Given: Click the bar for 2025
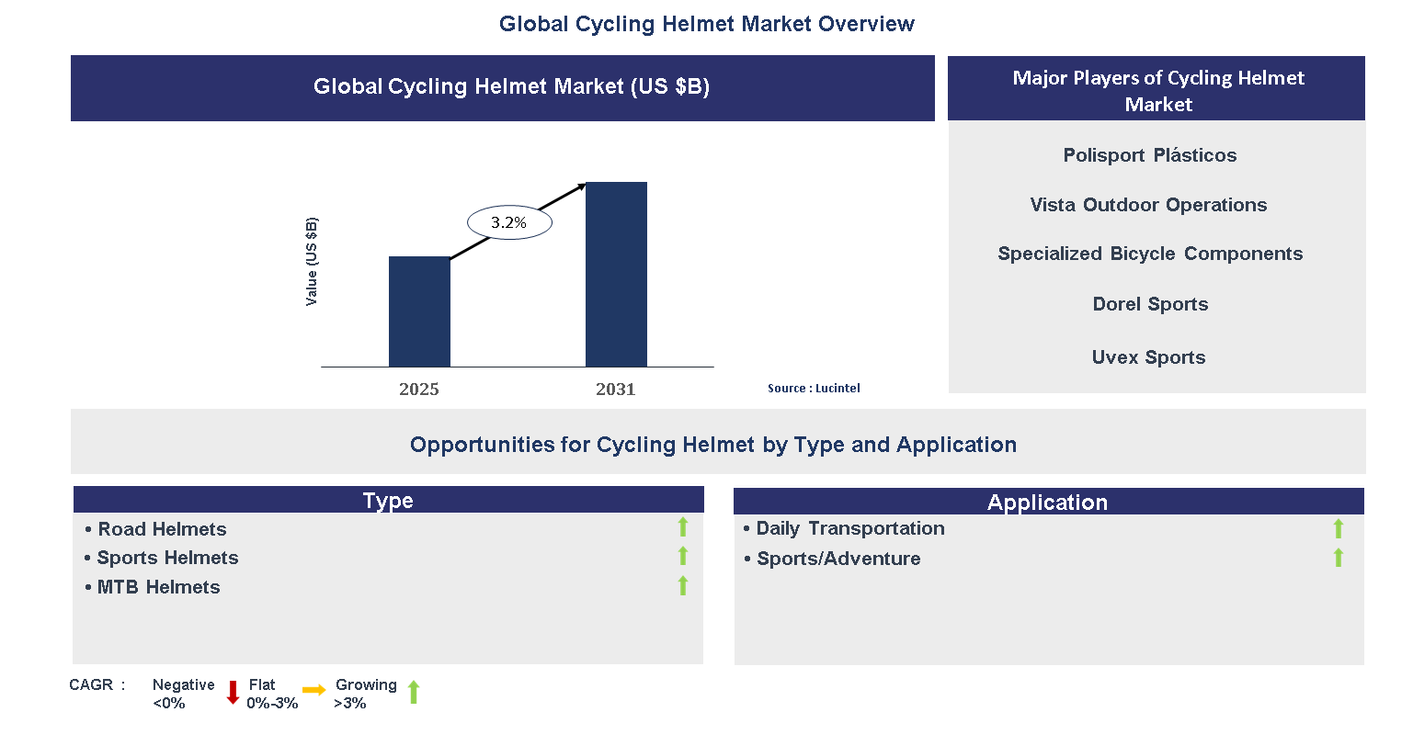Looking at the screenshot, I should pos(419,311).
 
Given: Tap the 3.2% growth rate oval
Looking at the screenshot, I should pos(509,222).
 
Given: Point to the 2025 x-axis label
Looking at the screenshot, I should pos(419,390).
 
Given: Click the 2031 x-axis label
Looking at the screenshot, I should pos(616,390).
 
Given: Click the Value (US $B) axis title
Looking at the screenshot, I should pos(312,262).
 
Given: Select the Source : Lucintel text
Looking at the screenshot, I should pos(814,389).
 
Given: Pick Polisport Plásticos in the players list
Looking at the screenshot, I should pos(1149,155).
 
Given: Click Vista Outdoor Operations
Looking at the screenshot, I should pos(1148,205).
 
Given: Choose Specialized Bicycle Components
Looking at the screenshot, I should pos(1150,254).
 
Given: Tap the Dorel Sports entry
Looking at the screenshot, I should pos(1150,304).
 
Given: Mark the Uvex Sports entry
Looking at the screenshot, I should pos(1148,357).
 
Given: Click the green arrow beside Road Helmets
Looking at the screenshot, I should pos(683,526).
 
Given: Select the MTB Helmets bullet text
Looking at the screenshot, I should pos(158,587).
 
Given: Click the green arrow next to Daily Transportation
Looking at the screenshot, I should pos(1339,528).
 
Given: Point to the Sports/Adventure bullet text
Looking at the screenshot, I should pos(838,559).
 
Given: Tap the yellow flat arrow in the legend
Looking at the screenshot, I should pos(314,690).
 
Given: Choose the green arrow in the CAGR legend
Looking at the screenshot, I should pos(414,693).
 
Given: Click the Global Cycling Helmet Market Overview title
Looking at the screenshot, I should pos(706,24).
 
